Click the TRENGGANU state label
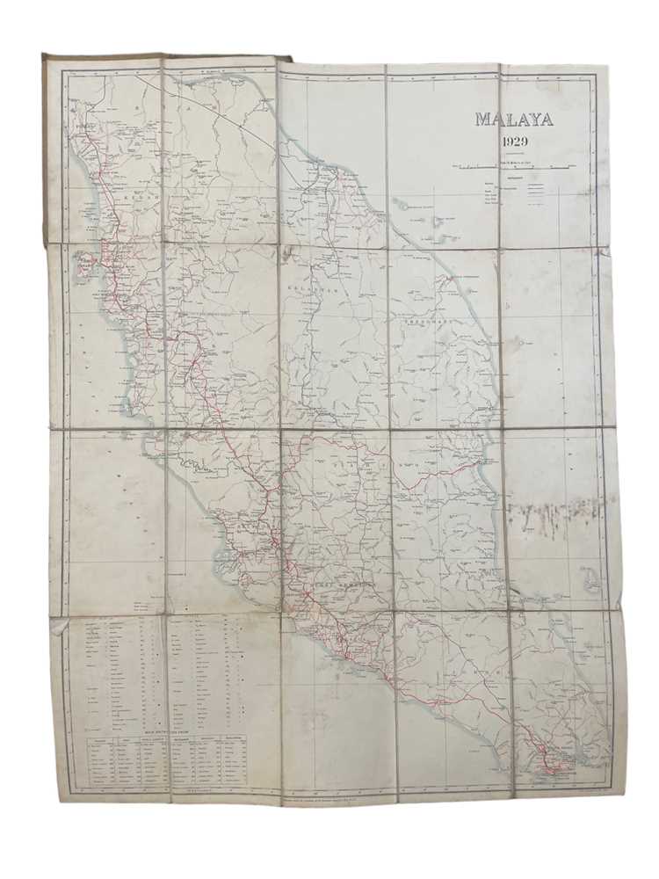click(428, 323)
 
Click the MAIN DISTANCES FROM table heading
click(166, 730)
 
